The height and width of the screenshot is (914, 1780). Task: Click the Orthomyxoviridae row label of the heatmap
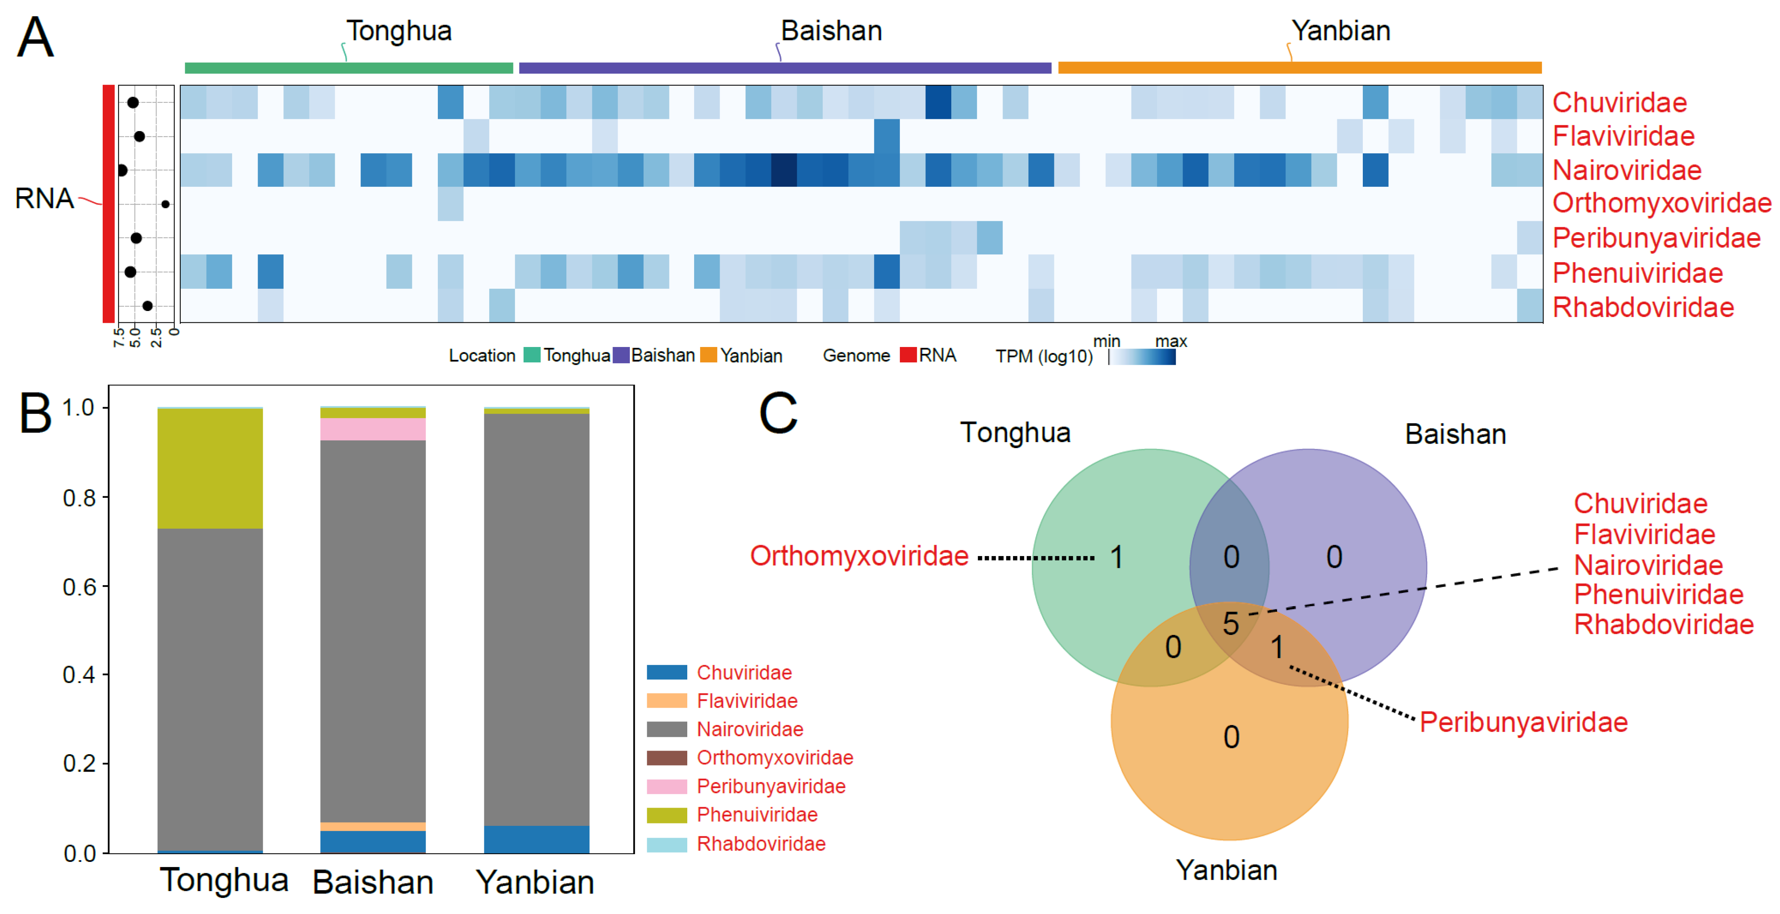tap(1661, 203)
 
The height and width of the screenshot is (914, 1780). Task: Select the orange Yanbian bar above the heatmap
tap(1299, 68)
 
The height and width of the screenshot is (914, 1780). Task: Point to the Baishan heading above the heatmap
tap(831, 31)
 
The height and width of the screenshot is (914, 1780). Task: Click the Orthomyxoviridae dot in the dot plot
tap(165, 204)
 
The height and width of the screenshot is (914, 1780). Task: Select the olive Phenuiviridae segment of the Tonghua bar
tap(210, 469)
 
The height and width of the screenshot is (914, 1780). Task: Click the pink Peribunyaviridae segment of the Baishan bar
tap(373, 429)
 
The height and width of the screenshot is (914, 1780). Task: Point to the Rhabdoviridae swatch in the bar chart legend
tap(667, 844)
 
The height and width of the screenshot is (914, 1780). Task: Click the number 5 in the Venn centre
tap(1231, 624)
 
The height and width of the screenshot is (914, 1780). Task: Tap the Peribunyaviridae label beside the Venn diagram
tap(1523, 722)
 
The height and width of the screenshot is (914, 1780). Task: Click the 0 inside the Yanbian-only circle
tap(1231, 737)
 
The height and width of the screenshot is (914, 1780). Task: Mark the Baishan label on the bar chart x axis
tap(373, 882)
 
